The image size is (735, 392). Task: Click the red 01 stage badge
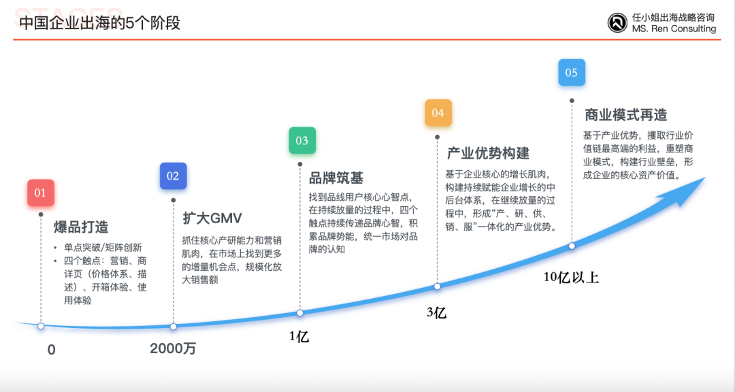(41, 193)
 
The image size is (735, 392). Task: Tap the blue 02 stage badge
(173, 176)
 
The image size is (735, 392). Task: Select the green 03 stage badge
(302, 140)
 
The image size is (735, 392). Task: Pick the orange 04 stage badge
(438, 112)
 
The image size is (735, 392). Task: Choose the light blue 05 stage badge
(572, 72)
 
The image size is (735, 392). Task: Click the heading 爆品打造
(81, 227)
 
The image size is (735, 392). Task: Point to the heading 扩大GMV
(212, 218)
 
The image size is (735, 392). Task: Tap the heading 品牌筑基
(336, 178)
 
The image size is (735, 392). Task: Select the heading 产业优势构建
(488, 153)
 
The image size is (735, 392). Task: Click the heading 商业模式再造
(625, 115)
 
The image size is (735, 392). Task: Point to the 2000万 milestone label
(173, 348)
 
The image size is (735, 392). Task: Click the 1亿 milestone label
(299, 336)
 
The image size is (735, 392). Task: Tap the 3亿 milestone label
(436, 312)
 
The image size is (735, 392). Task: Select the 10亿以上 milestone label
(571, 277)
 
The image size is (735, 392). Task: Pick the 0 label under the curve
(52, 350)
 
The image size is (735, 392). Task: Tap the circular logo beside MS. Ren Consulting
(617, 22)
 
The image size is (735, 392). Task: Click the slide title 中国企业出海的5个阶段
(100, 23)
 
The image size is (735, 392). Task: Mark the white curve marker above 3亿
(438, 287)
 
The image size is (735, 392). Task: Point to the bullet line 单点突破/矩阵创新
(103, 248)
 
